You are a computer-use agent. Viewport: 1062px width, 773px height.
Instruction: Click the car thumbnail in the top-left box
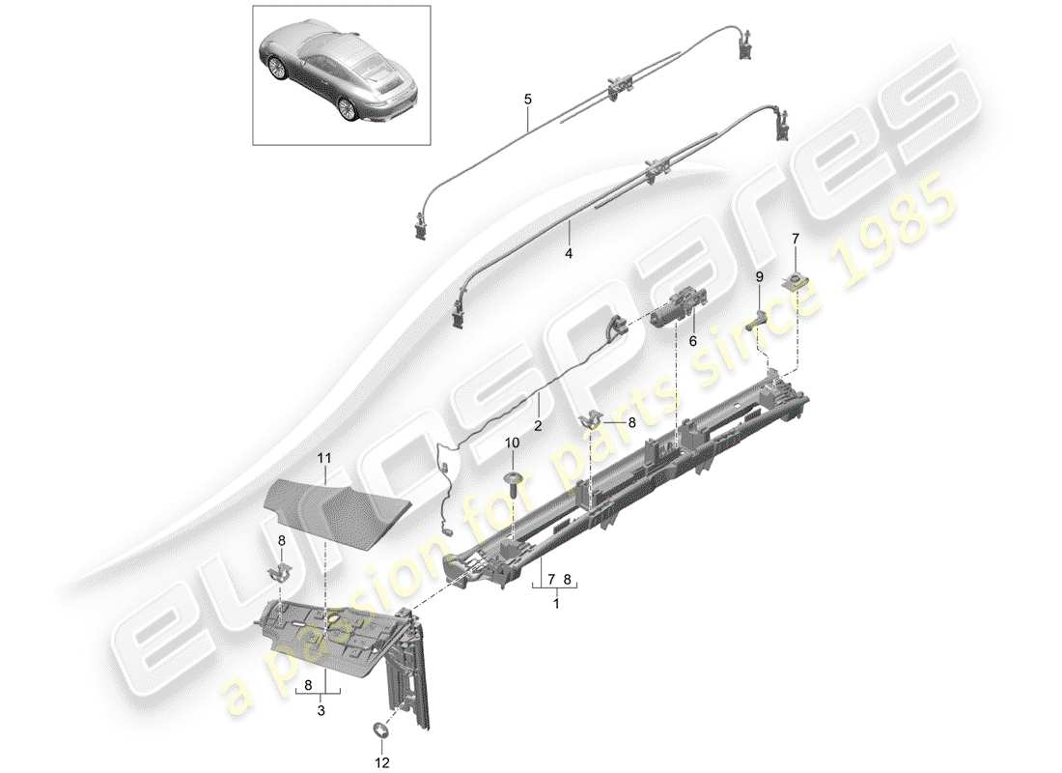[341, 75]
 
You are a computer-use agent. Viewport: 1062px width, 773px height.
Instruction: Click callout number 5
[528, 99]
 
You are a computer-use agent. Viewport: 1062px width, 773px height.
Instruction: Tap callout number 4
[569, 253]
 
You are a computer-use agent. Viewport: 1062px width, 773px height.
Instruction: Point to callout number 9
[760, 277]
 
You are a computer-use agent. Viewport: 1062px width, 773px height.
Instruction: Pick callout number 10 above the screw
[513, 443]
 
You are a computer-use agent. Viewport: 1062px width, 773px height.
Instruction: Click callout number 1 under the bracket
[555, 602]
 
